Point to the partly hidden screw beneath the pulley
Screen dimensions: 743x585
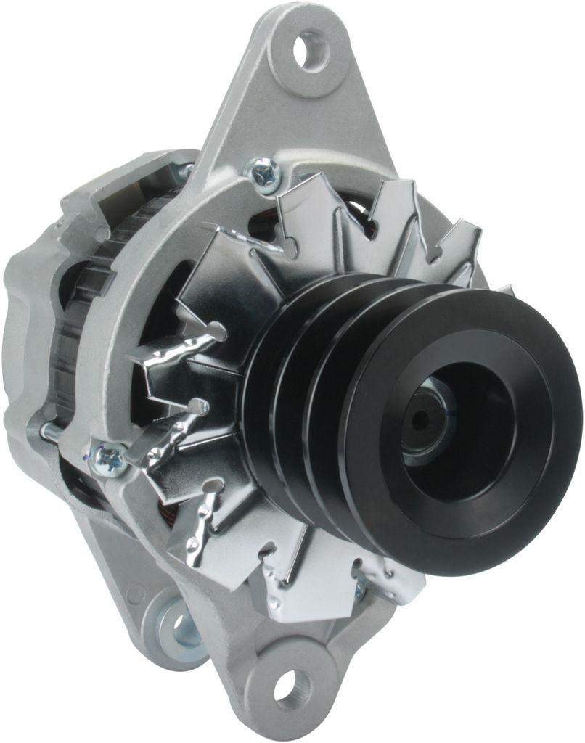[360, 589]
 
